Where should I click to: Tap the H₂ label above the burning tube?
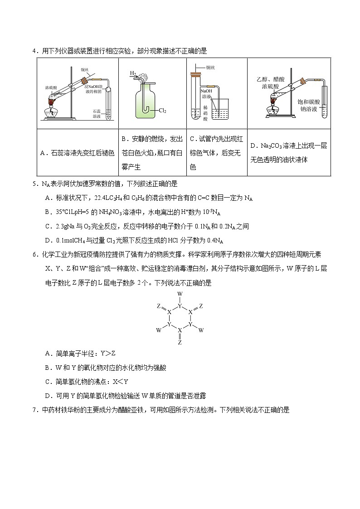[133, 73]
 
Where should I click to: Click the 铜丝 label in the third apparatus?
[210, 68]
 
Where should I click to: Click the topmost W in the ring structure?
[180, 294]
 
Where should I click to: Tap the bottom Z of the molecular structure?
[180, 343]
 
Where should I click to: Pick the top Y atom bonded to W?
[180, 306]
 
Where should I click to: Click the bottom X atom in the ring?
[180, 330]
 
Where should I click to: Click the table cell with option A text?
[78, 153]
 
